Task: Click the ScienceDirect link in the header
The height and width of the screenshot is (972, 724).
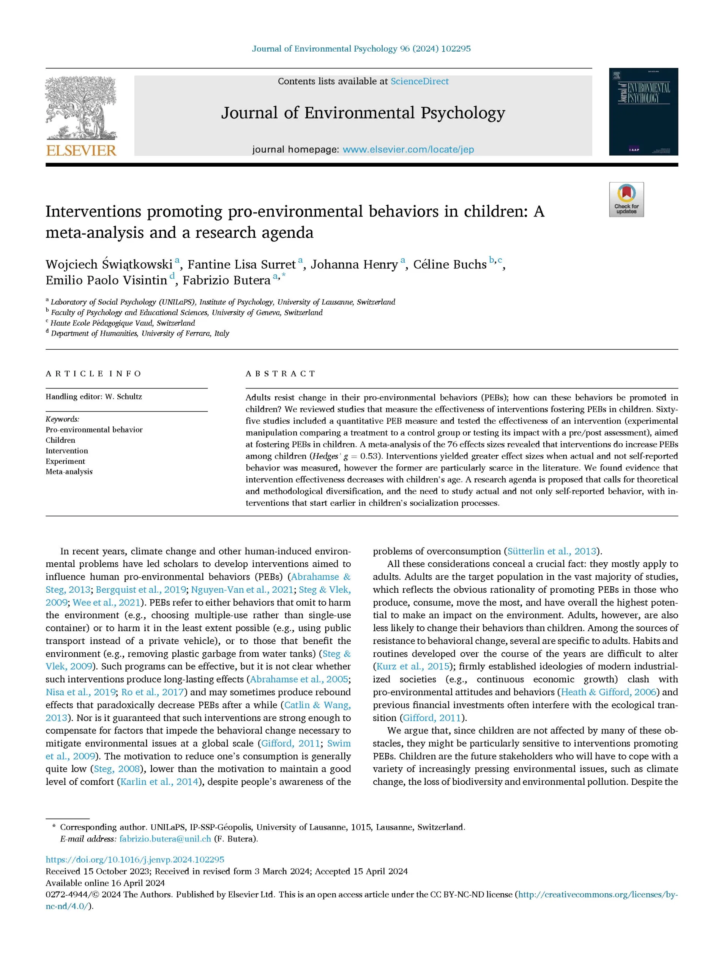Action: click(420, 82)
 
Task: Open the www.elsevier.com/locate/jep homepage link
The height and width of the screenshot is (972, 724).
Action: click(408, 150)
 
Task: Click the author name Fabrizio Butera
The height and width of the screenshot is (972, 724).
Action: click(226, 281)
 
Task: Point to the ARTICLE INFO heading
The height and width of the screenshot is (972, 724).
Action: click(93, 373)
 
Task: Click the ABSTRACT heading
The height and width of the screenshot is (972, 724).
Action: click(281, 373)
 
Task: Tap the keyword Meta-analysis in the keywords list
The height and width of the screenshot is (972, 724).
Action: click(69, 472)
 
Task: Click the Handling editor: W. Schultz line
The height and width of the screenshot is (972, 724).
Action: click(94, 397)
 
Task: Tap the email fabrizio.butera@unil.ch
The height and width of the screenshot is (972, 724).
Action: click(165, 839)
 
